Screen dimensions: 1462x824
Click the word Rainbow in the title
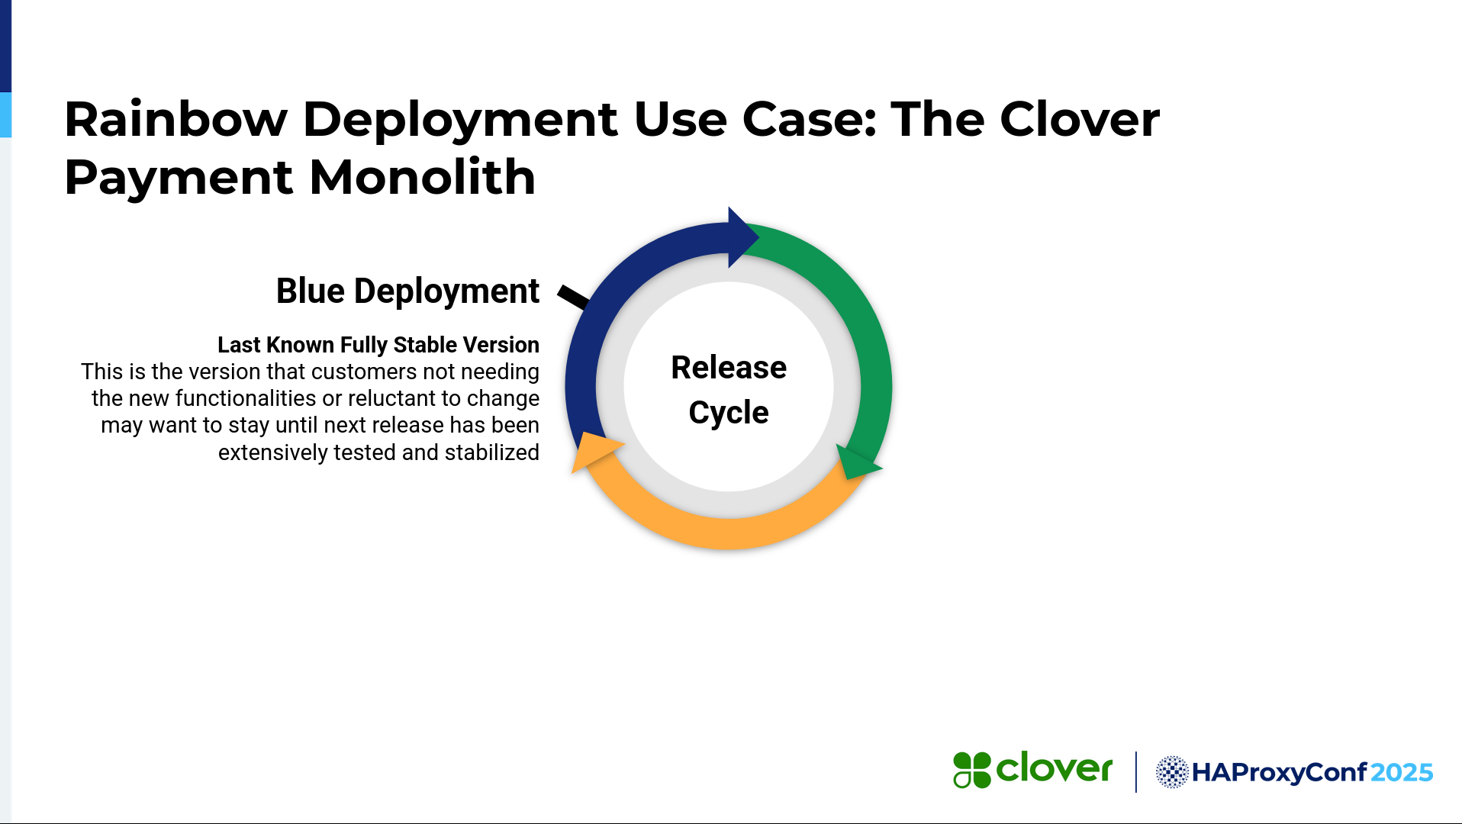(x=176, y=119)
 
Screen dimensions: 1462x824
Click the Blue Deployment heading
(x=407, y=291)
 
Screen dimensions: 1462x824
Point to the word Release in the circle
(x=729, y=368)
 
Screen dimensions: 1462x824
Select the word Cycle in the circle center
(x=729, y=413)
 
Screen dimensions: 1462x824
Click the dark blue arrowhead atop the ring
(x=742, y=237)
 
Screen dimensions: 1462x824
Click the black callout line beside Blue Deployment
(x=573, y=297)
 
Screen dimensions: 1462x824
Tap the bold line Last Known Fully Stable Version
(x=378, y=345)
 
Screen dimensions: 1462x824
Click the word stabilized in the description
(x=492, y=452)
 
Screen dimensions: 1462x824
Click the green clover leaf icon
(x=972, y=770)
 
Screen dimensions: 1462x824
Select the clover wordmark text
(x=1055, y=768)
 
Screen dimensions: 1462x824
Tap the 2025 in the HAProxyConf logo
(x=1402, y=773)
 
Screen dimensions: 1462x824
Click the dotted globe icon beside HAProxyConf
(x=1172, y=772)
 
